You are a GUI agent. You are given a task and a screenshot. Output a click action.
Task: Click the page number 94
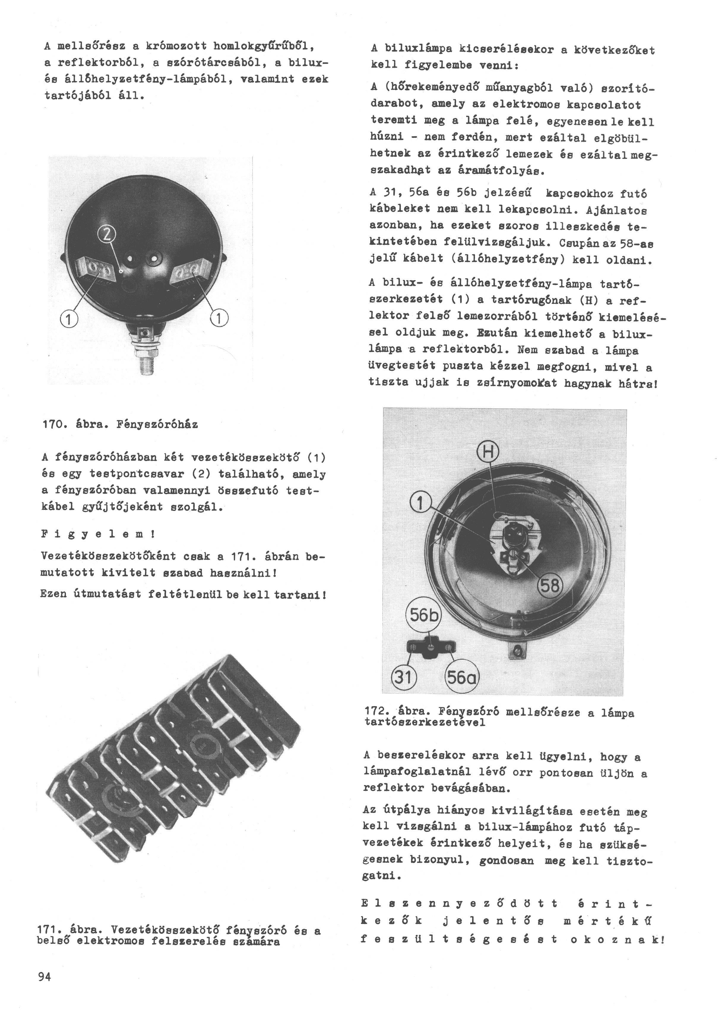tap(45, 977)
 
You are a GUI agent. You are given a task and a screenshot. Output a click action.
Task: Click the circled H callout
tap(488, 452)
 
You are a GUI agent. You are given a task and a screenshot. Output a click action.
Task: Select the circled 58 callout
tap(550, 585)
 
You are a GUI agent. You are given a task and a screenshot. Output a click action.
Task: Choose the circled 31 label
tap(403, 678)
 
